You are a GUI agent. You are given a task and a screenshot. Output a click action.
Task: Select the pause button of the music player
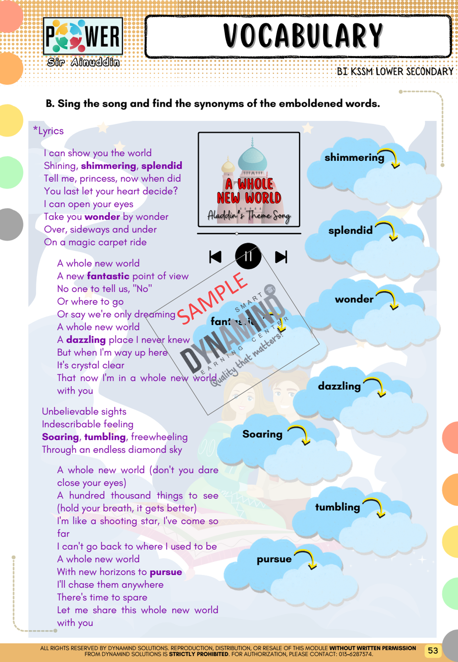(x=248, y=256)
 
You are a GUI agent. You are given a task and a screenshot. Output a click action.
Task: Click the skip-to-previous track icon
(x=215, y=257)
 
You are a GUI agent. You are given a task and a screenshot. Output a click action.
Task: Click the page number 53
(x=432, y=650)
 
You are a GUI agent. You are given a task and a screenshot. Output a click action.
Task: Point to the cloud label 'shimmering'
(x=354, y=157)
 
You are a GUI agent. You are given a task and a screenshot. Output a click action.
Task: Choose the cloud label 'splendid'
(x=350, y=230)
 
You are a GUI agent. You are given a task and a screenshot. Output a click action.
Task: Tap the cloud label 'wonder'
(x=354, y=299)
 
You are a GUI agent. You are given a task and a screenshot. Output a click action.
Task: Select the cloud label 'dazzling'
(x=339, y=386)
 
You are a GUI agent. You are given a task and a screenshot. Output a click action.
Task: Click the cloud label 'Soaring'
(x=262, y=434)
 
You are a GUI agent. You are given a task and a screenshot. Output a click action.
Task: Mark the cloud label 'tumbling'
(x=337, y=507)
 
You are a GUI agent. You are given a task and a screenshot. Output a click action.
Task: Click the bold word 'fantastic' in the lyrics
(x=108, y=276)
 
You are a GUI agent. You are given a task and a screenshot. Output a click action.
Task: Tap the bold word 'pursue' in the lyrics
(x=166, y=572)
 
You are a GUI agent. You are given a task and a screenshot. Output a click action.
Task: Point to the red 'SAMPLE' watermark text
(x=212, y=299)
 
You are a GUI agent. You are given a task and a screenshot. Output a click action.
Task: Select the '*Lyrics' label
(x=49, y=131)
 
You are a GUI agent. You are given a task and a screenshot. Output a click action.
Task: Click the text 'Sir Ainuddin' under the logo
(x=83, y=62)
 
